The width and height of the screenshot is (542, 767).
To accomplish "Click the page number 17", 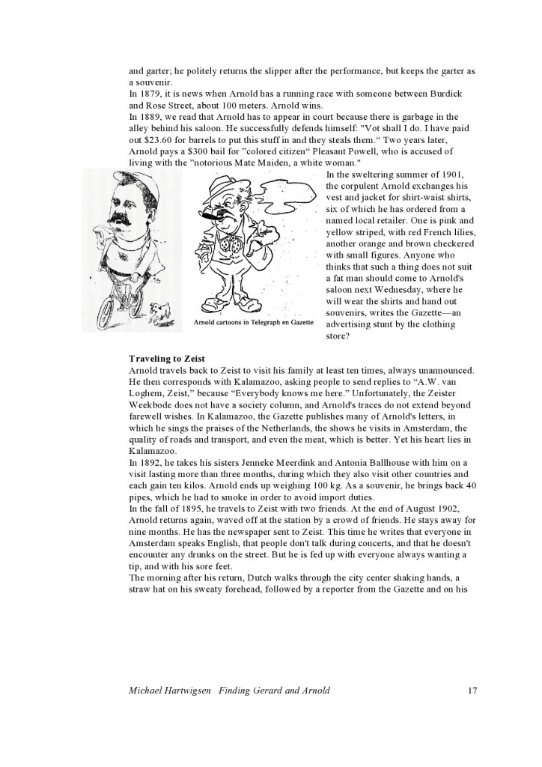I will (472, 690).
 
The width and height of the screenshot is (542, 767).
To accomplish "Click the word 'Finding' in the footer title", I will (238, 690).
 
